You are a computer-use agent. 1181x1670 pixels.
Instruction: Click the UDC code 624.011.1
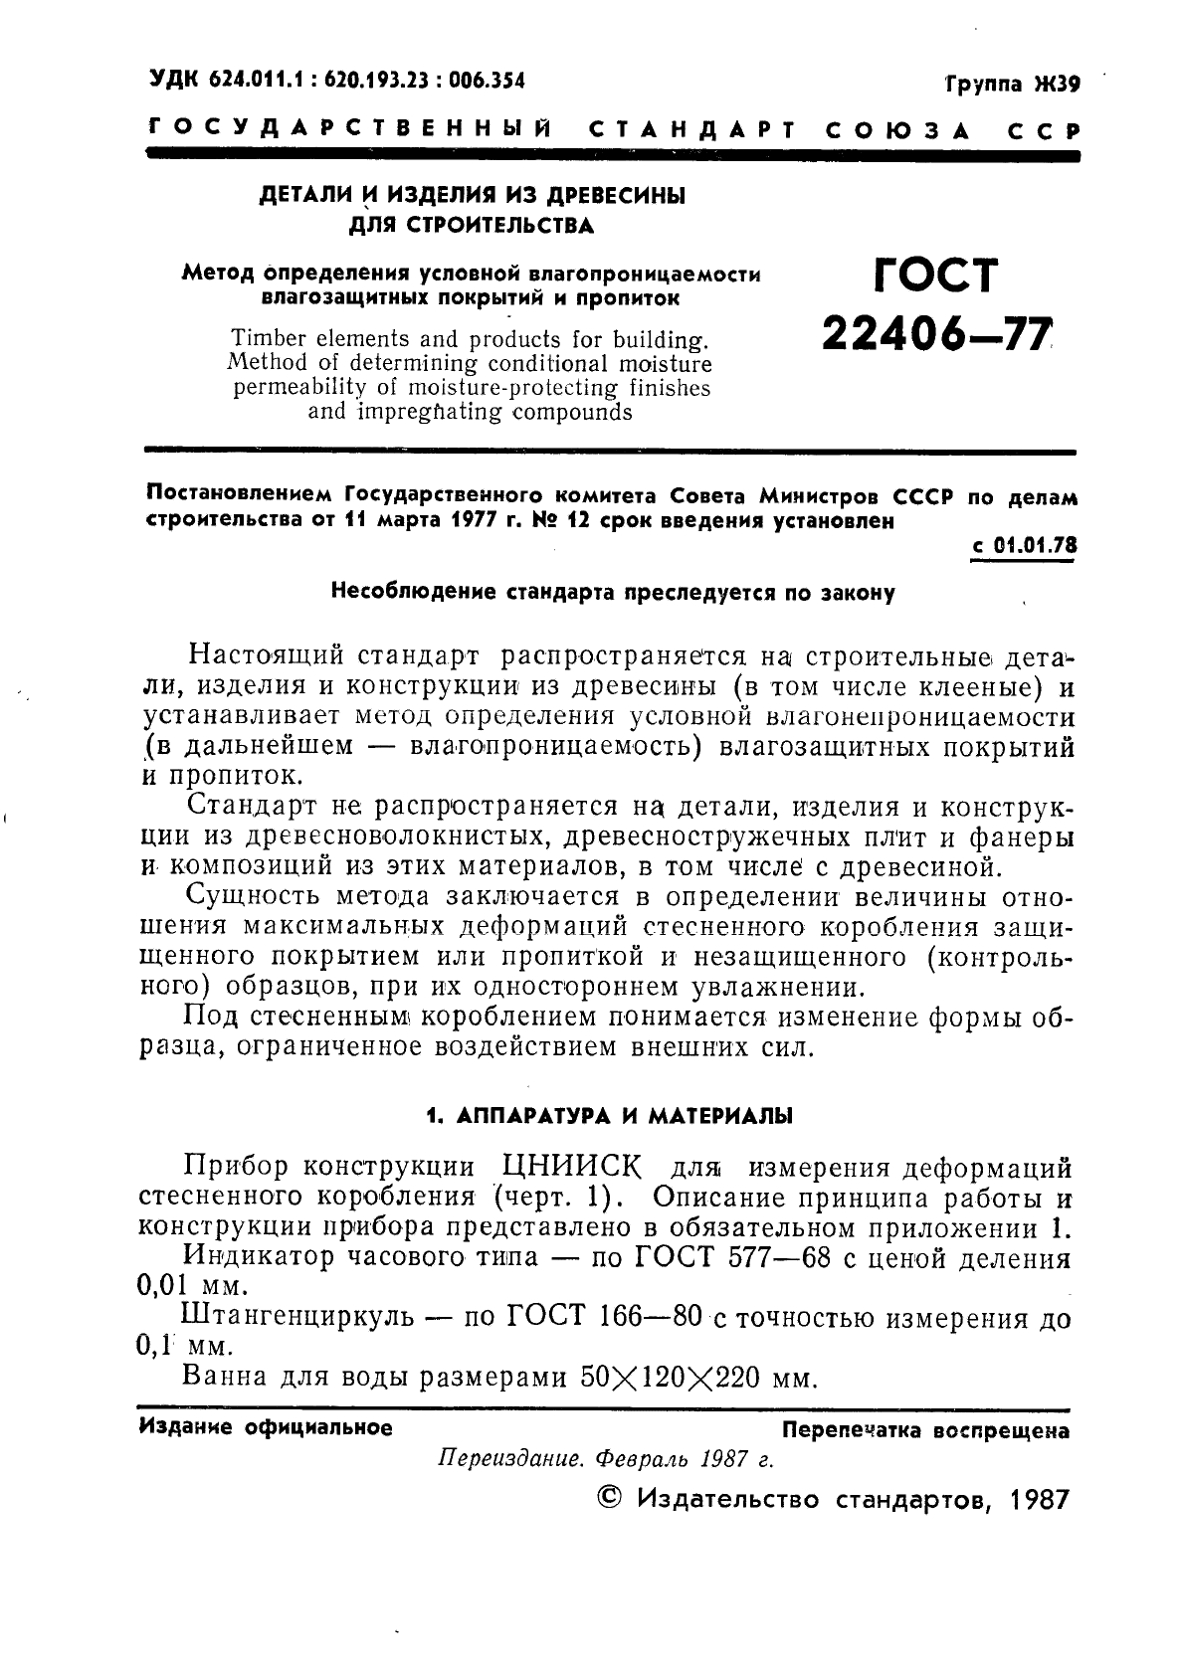pos(254,81)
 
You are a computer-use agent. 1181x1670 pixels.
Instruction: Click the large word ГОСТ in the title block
pos(935,277)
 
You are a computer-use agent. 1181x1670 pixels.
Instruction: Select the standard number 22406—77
pos(935,338)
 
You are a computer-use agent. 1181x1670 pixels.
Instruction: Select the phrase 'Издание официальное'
pos(267,1428)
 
